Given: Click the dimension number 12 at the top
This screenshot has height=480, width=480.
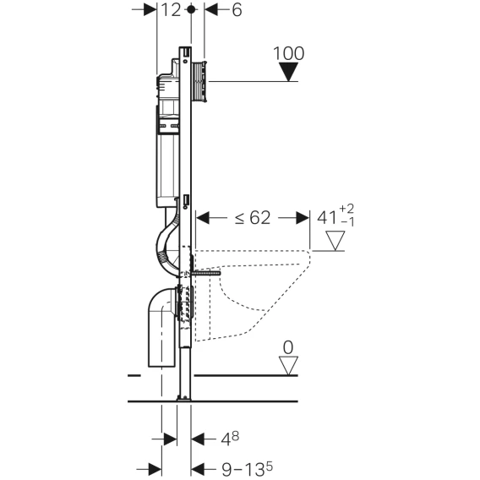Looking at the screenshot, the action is pos(171,10).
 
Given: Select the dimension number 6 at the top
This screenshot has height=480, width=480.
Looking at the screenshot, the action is pos(237,10).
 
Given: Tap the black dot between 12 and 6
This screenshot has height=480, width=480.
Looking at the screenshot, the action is pos(191,9).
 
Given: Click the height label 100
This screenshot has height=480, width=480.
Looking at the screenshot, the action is pos(288,53).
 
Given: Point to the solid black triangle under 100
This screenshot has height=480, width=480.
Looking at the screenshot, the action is pos(288,72).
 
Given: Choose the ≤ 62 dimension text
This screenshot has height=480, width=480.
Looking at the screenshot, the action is pos(253,218).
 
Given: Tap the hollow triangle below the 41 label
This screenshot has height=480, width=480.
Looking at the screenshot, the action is pos(335,241).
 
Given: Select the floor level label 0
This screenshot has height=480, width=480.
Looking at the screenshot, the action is pos(288,348).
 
